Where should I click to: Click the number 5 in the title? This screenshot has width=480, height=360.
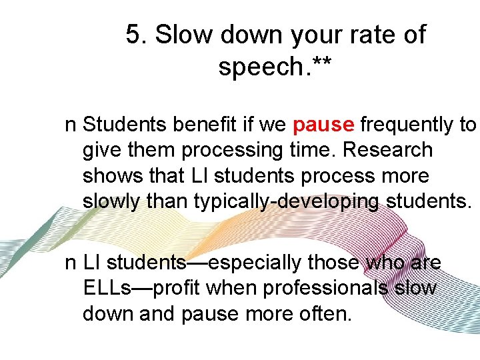(x=134, y=35)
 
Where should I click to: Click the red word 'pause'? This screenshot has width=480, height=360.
(x=323, y=125)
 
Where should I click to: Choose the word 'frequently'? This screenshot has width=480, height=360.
(x=407, y=125)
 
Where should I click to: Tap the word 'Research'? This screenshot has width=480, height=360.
(x=387, y=150)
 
